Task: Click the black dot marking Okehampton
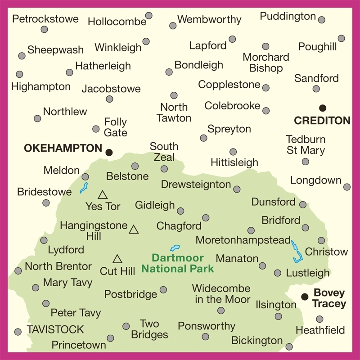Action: coord(109,153)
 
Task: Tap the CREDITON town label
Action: coord(322,121)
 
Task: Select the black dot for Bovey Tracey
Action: coord(305,296)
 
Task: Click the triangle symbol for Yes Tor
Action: coord(103,195)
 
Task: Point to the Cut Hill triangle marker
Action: coord(117,259)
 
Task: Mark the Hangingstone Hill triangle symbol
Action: coord(133,230)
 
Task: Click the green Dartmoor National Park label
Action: coord(177,264)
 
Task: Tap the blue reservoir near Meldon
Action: coord(84,188)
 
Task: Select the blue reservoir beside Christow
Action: coord(296,252)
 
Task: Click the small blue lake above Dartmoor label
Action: coord(175,247)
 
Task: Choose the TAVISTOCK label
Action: coord(55,329)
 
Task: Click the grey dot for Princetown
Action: coord(110,338)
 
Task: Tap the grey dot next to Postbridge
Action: coord(163,290)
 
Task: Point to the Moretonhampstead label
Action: coord(243,241)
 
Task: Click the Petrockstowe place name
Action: coord(45,19)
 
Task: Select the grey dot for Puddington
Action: coord(321,20)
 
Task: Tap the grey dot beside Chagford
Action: coord(206,218)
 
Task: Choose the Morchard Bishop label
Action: coord(265,63)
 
